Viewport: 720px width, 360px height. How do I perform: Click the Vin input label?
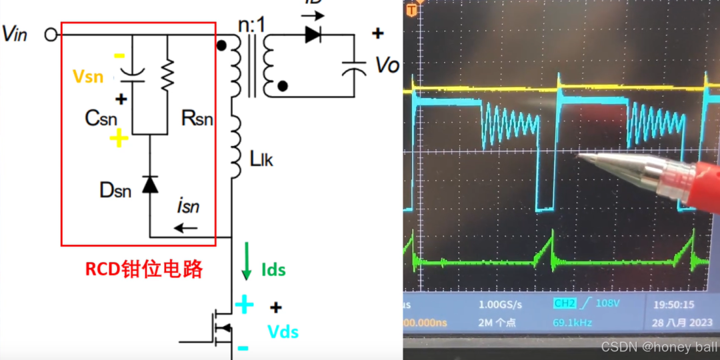[x=15, y=34]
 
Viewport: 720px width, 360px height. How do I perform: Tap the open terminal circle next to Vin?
[x=51, y=34]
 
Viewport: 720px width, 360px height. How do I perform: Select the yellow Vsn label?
[x=88, y=77]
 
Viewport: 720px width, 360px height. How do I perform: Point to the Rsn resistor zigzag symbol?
[x=167, y=73]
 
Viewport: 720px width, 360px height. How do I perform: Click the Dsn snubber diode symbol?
[x=151, y=184]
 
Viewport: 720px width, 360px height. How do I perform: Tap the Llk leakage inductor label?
[x=261, y=159]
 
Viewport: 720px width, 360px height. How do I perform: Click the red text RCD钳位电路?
[x=143, y=269]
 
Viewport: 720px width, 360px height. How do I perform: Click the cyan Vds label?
[x=283, y=331]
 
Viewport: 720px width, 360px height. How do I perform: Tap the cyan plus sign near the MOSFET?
[x=244, y=305]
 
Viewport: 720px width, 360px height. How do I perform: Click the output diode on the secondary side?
[x=313, y=35]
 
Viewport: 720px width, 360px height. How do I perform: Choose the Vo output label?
[x=387, y=65]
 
